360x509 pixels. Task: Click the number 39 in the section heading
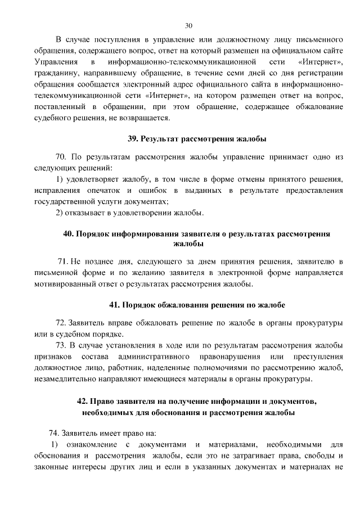133,138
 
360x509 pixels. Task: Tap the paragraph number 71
63,263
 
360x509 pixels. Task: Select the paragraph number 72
61,325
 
